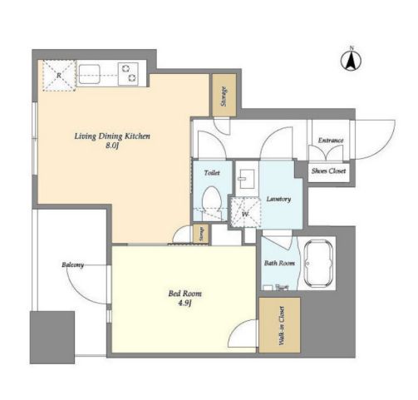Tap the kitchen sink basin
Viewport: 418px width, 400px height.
tap(89, 74)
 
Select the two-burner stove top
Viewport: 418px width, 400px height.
tap(128, 74)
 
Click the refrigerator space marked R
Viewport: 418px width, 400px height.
tap(59, 76)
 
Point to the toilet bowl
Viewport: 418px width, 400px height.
tap(212, 201)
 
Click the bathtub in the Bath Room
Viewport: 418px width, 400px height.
tap(318, 263)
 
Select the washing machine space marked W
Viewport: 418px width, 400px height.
tap(245, 212)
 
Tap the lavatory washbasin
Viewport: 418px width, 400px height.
tap(247, 179)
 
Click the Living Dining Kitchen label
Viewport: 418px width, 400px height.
tap(112, 136)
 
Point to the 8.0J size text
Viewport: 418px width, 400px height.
tap(112, 146)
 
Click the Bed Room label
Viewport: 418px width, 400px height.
tap(185, 294)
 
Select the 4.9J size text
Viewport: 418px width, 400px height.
tap(185, 304)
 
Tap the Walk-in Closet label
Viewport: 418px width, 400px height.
tap(282, 325)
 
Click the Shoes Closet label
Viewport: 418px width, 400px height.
tap(328, 170)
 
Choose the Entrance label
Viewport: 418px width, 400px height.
tap(331, 141)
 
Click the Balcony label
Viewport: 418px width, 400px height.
tap(72, 265)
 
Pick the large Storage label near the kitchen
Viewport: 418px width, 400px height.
tap(224, 96)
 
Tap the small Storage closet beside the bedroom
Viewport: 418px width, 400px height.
tap(201, 234)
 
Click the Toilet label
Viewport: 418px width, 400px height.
tap(212, 173)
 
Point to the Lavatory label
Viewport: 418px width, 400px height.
tap(278, 199)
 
